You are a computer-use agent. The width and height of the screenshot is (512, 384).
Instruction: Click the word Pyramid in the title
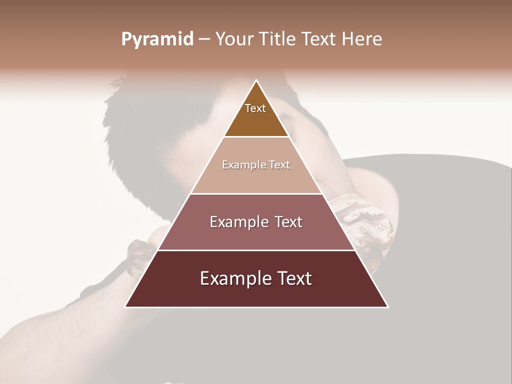[x=157, y=40]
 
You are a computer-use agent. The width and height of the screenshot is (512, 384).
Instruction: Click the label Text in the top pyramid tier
[x=255, y=108]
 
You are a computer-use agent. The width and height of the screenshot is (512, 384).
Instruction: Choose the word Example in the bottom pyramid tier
[x=233, y=278]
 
